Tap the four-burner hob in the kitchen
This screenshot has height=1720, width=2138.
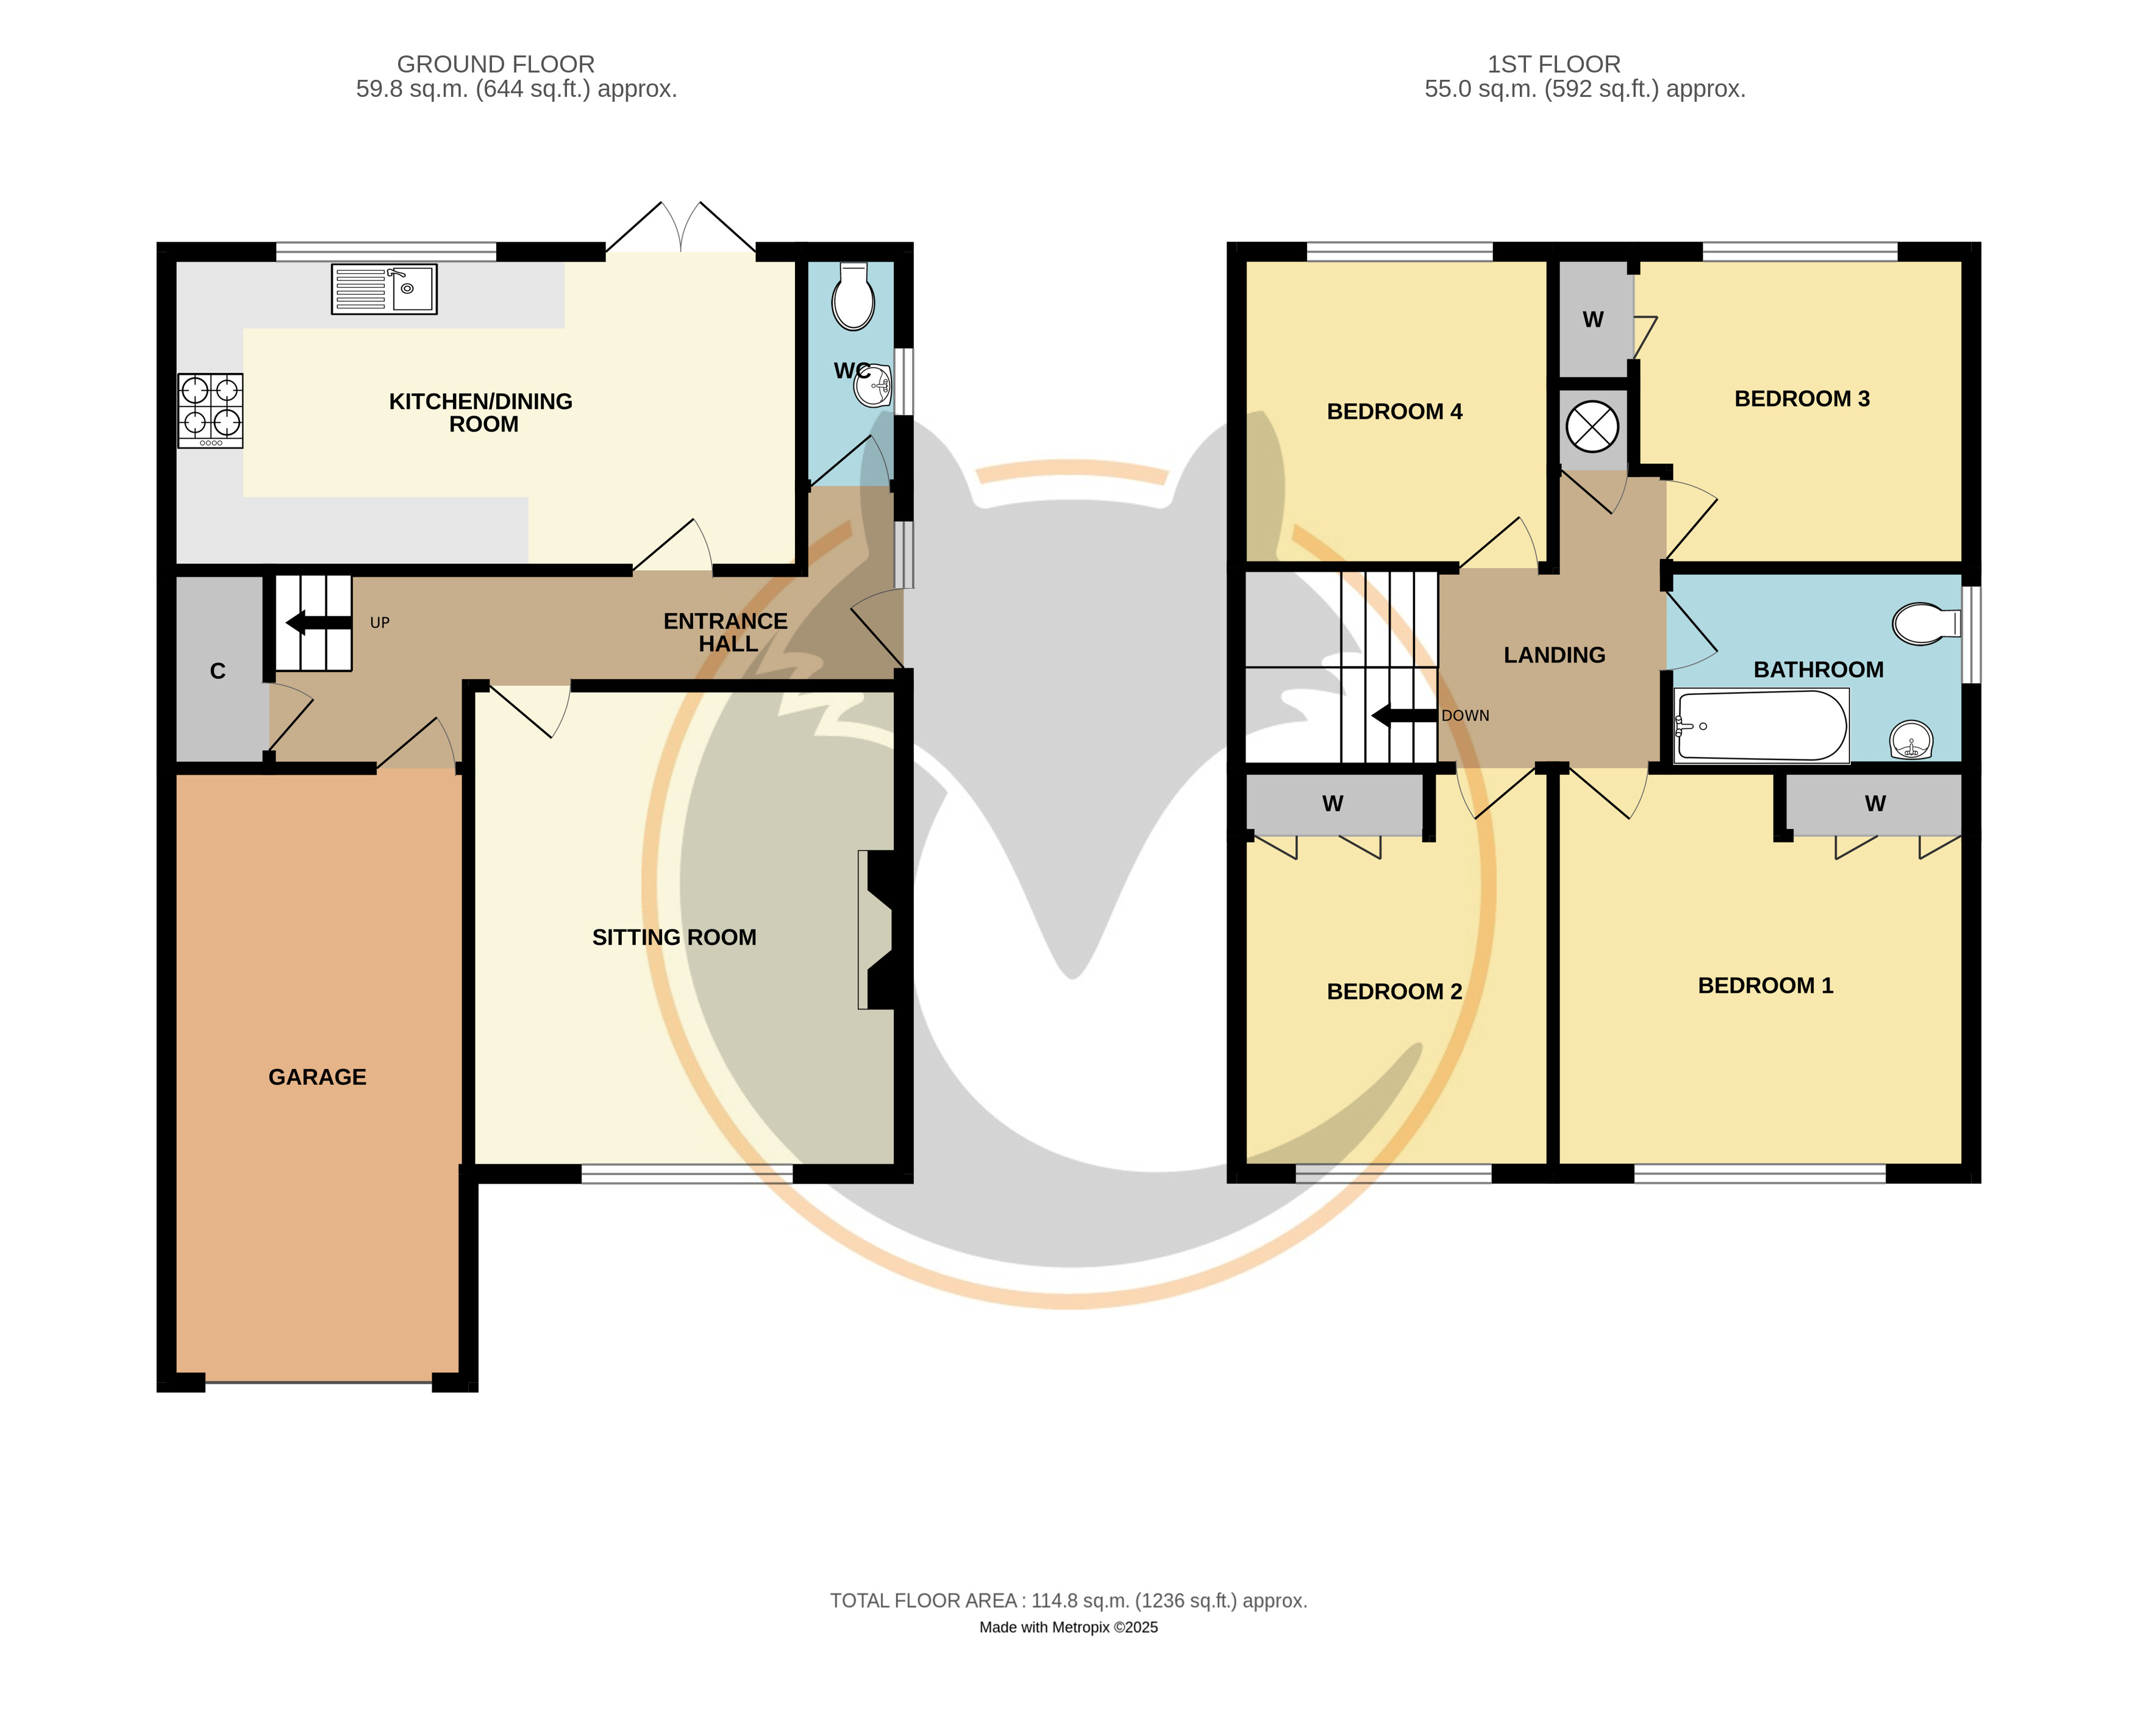point(210,410)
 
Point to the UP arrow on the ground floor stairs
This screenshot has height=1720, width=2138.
point(318,622)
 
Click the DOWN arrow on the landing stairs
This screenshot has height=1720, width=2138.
point(1404,716)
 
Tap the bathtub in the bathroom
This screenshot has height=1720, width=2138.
point(1761,726)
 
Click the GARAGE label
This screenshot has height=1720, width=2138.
point(318,1078)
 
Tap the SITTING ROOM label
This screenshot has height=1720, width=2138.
point(674,938)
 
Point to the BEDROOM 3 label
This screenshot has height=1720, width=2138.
point(1802,399)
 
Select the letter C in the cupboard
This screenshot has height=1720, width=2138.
point(218,671)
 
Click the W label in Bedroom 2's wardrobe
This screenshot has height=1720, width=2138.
point(1333,804)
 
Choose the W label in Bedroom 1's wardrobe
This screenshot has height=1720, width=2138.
point(1875,804)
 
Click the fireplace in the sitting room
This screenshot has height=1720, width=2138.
point(878,930)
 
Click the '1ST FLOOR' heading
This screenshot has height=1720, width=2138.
point(1554,65)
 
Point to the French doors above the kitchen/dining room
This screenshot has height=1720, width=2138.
point(680,228)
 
